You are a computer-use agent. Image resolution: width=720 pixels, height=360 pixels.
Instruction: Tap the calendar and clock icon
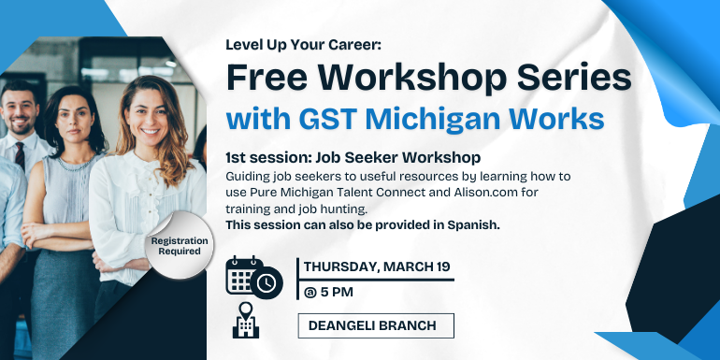tap(253, 277)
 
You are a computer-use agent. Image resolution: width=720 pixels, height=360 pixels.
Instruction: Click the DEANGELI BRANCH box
tap(375, 325)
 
